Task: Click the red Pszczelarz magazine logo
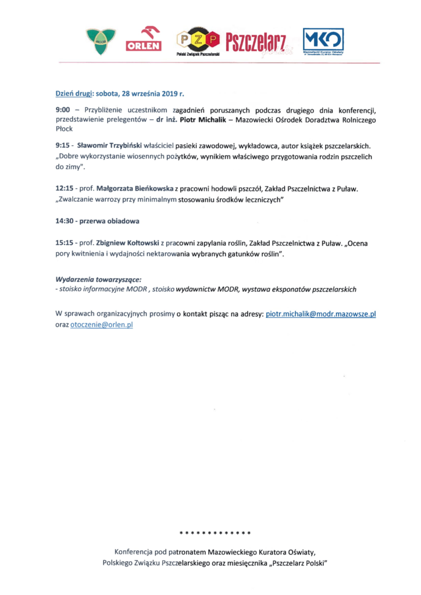[255, 41]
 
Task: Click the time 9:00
[63, 109]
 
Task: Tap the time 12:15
[65, 189]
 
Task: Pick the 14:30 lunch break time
[65, 221]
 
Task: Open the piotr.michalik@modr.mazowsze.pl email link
[321, 314]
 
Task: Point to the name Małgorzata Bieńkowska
[134, 189]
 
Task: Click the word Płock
[63, 129]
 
